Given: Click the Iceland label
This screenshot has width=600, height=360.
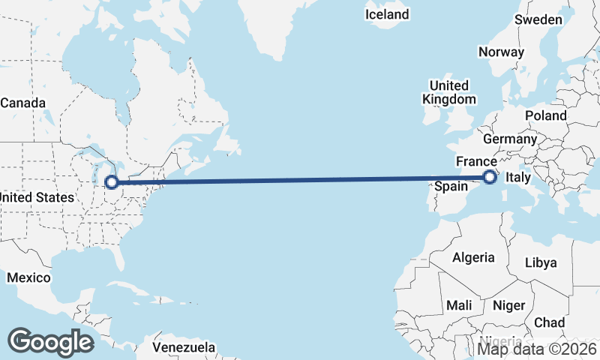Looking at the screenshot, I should [387, 14].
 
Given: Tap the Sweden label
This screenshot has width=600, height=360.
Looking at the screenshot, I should [538, 19].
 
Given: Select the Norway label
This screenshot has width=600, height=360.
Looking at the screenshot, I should [501, 52].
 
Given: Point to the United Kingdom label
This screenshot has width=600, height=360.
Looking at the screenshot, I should [448, 92].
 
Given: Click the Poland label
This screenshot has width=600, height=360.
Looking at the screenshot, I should [546, 115].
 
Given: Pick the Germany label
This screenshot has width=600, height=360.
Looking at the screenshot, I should [510, 139].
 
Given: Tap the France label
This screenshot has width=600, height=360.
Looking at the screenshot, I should [476, 162].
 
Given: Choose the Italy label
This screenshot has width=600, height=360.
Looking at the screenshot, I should [519, 178].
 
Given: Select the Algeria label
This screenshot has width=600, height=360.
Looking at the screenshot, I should [473, 257].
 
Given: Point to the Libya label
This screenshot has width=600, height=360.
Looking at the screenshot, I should [541, 262].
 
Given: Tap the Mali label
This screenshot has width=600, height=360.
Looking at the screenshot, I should [459, 306].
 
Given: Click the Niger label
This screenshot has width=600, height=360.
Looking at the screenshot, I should [508, 306].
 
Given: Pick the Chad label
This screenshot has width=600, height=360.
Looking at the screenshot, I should [549, 322].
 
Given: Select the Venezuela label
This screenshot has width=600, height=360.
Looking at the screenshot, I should [184, 348].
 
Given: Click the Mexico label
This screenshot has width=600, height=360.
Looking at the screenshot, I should [28, 278].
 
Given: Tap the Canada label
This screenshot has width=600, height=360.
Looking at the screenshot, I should [22, 103].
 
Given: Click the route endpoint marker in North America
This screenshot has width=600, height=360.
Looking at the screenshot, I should [111, 181].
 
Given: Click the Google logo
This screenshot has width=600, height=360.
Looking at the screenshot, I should [50, 341].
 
